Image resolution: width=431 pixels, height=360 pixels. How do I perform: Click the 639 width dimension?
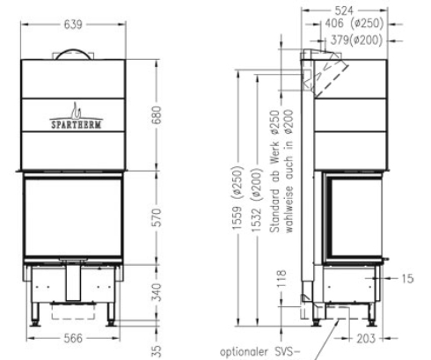point(73,25)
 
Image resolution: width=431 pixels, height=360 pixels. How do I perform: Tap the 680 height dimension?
point(157,115)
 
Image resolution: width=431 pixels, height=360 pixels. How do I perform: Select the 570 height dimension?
point(157,217)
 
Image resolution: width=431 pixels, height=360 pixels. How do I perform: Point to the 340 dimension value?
point(157,292)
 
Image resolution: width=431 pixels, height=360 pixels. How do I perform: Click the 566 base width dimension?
point(73,338)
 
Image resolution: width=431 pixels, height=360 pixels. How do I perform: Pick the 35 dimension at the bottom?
point(157,351)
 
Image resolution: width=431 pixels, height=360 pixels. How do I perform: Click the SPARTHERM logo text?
point(77,124)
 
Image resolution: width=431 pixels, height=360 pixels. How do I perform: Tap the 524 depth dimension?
point(344,11)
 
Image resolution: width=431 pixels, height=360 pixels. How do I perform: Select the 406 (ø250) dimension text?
point(354,24)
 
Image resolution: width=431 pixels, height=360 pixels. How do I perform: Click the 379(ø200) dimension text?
point(356,40)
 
